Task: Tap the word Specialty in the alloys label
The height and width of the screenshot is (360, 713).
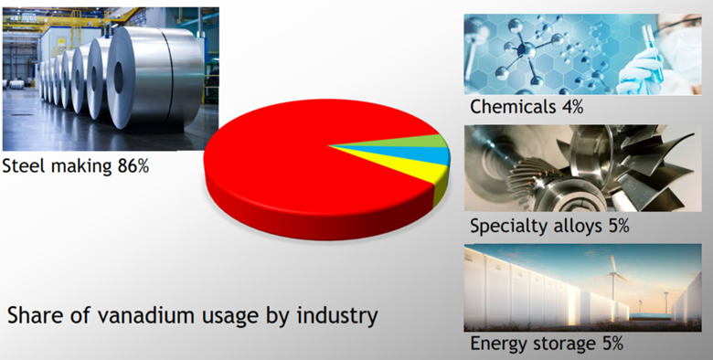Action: tap(505, 226)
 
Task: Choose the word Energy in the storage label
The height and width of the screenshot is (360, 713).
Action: tap(497, 344)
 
